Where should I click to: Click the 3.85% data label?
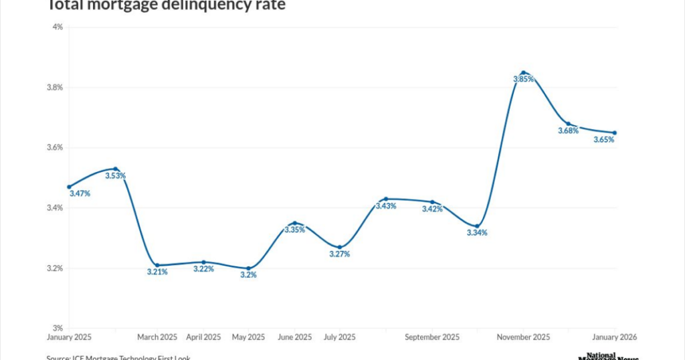[x=524, y=79]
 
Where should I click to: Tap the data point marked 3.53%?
[x=115, y=169]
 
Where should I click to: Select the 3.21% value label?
[x=157, y=272]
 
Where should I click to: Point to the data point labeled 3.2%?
[x=248, y=268]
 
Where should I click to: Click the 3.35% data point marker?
[x=294, y=223]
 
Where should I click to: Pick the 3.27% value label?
[x=340, y=254]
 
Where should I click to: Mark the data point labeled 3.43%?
[x=386, y=199]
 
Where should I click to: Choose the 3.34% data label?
[x=477, y=233]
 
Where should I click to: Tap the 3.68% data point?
[x=569, y=124]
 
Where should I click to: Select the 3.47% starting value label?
[x=80, y=193]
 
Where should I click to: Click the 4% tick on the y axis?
[x=58, y=27]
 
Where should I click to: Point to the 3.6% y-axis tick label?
[x=54, y=148]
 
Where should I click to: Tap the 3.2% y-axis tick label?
[x=54, y=268]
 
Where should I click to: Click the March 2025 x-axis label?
[x=157, y=337]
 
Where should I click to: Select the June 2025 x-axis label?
[x=294, y=337]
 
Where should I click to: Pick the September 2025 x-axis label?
[x=431, y=337]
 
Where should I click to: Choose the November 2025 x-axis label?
[x=523, y=337]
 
